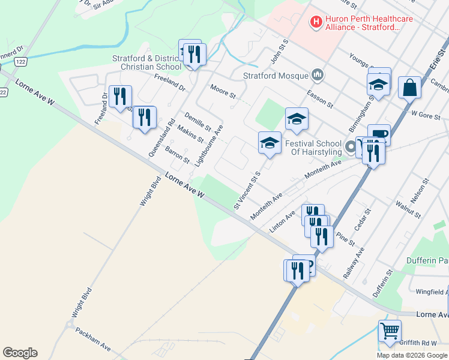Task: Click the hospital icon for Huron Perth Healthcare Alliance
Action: click(315, 23)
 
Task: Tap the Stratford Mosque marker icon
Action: click(318, 75)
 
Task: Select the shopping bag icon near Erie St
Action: click(409, 88)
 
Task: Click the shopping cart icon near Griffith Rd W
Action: click(390, 331)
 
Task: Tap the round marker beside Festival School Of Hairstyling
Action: click(351, 146)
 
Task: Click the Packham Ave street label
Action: click(93, 337)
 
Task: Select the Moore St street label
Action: click(223, 92)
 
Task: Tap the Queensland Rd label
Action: click(162, 137)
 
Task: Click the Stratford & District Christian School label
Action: click(146, 62)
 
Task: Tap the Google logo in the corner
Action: click(20, 352)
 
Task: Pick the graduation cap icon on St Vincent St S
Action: click(270, 143)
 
